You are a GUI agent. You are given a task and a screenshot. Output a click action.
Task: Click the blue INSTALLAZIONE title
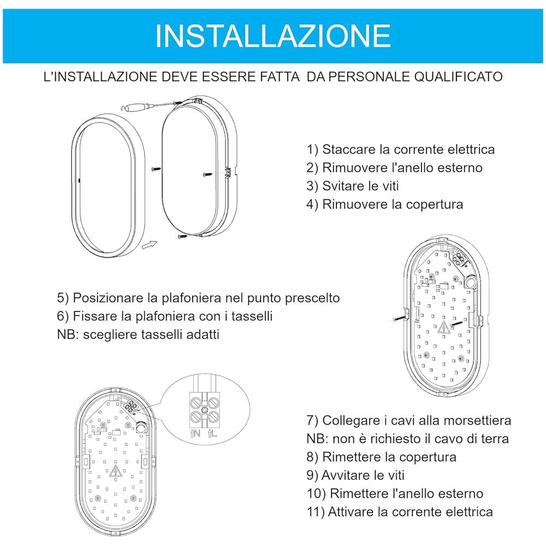click(x=272, y=35)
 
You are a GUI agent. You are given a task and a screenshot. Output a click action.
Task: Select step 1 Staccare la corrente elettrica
click(x=401, y=149)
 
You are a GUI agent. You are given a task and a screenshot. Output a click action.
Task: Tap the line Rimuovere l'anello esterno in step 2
click(x=395, y=168)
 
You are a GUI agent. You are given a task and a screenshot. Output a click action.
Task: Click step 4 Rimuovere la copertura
click(x=385, y=204)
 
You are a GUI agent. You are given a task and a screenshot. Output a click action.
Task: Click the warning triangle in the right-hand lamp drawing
click(x=443, y=328)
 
